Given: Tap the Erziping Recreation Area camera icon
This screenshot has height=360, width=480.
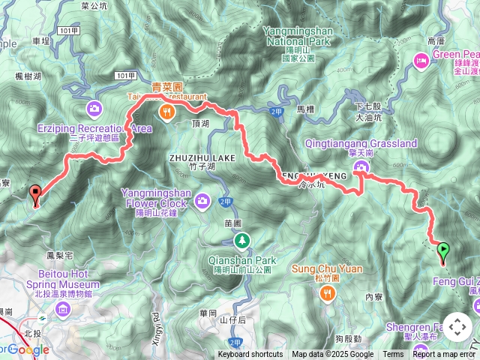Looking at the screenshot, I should click(94, 109).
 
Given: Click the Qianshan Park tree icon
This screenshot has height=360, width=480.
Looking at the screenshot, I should click(241, 241).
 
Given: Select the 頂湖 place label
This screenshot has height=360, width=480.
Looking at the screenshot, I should click(201, 122).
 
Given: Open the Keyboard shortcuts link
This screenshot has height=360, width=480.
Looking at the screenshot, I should click(250, 355).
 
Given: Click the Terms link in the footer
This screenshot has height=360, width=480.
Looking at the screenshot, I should click(393, 355).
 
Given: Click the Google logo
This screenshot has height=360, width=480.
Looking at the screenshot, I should click(28, 349).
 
